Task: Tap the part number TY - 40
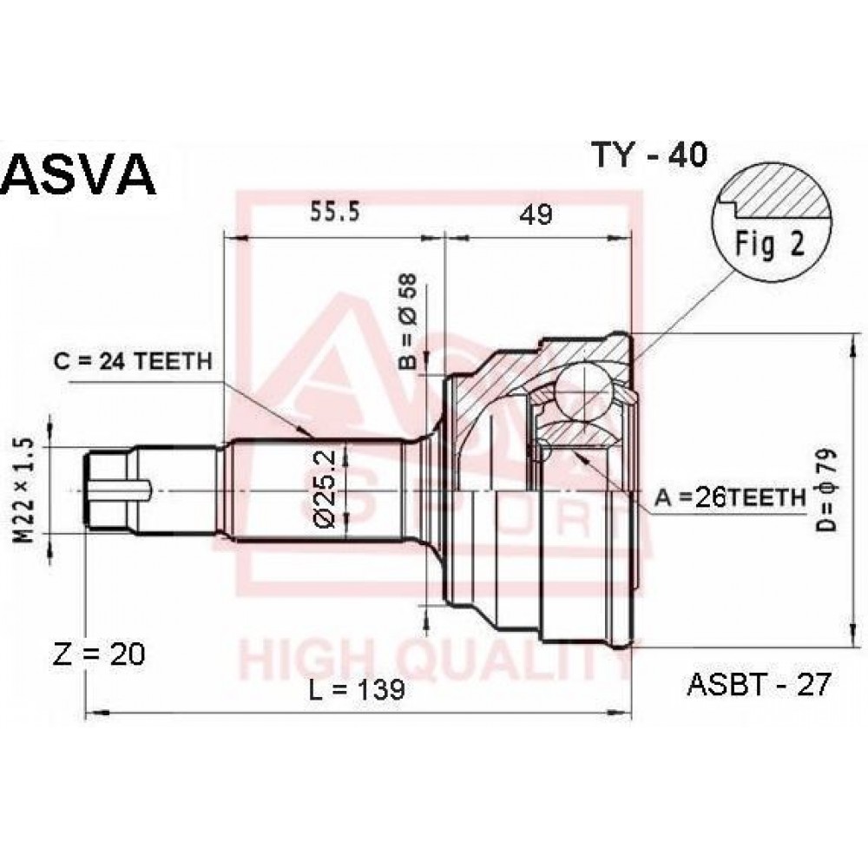[x=649, y=155]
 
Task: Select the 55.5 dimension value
[x=335, y=211]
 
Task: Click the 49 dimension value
[x=536, y=214]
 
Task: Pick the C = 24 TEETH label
[x=134, y=361]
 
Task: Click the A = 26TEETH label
[x=730, y=497]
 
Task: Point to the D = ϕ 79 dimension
[x=826, y=490]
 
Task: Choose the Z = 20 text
[x=99, y=654]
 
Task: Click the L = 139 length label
[x=357, y=689]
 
